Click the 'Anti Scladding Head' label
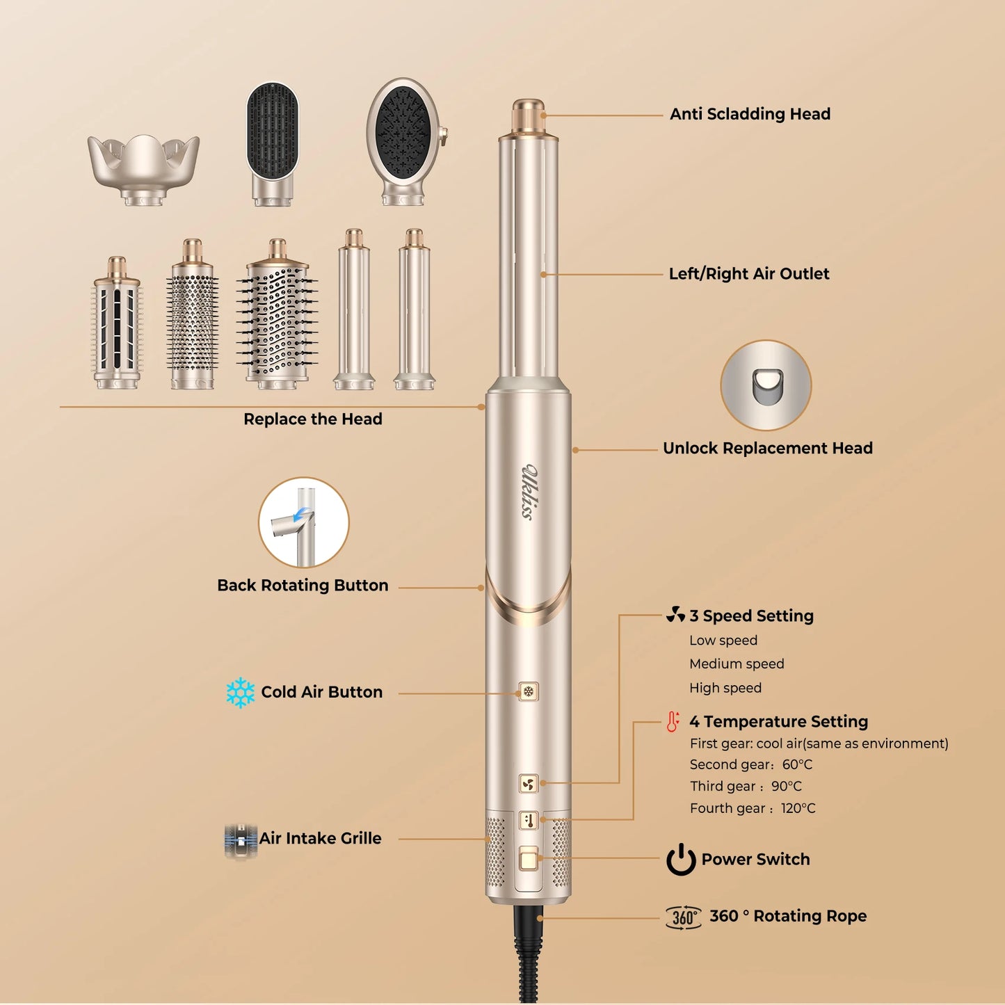(750, 114)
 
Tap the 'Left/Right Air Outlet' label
(748, 274)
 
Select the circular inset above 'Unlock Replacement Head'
(766, 385)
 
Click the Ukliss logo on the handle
(529, 491)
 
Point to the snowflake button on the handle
(529, 691)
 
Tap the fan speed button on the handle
(529, 785)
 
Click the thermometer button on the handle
(529, 821)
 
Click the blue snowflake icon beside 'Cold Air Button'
(241, 693)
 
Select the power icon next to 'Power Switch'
(681, 860)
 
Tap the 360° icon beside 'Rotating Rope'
(683, 917)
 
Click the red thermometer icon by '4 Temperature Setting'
(673, 722)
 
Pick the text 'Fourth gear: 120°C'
(753, 808)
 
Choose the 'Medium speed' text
(737, 664)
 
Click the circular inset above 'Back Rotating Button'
(303, 522)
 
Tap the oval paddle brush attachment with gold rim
(405, 140)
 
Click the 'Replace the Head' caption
(312, 419)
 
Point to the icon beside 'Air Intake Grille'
(241, 839)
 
